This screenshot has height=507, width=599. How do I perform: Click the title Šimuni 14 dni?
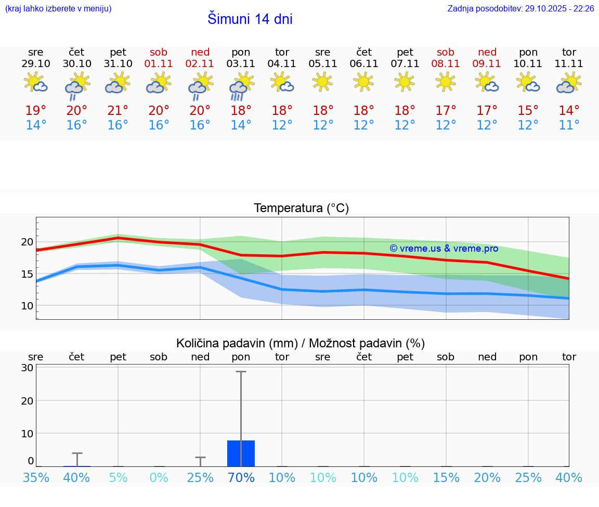250,19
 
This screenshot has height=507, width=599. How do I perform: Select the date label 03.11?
241,64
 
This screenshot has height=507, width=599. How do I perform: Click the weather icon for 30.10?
77,85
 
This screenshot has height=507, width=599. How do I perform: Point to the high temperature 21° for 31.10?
118,111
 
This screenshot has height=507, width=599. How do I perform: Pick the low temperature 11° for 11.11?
569,125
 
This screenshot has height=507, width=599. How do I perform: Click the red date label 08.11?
446,64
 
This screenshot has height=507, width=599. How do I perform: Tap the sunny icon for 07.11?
405,82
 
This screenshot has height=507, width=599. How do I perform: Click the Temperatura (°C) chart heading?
301,209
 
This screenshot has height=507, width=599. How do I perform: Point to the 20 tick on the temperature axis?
27,242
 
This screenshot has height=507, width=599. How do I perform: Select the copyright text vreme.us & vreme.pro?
444,249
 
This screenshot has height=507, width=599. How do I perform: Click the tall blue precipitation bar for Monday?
241,453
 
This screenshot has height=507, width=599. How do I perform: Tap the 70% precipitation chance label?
241,478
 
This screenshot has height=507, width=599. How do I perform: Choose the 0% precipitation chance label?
159,478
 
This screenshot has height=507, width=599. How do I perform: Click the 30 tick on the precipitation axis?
27,368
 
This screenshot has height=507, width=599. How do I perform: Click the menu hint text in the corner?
58,9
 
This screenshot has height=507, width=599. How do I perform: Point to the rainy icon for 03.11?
241,85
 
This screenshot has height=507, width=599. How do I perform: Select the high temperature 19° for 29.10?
36,111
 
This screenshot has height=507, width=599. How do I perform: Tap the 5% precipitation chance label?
118,478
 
